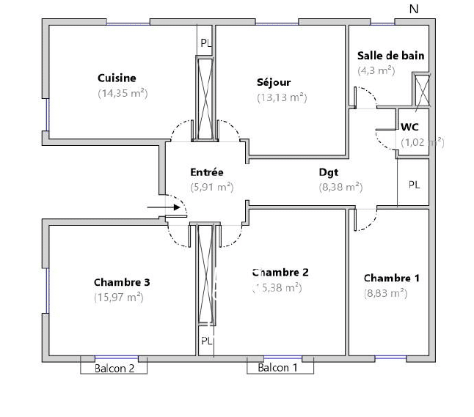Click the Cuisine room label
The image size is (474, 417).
click(117, 78)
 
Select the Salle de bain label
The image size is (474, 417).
click(390, 56)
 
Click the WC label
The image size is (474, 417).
click(409, 127)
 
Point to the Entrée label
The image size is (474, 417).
click(206, 172)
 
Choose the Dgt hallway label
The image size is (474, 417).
click(329, 172)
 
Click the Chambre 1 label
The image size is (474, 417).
click(392, 278)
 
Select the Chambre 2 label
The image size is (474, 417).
click(280, 272)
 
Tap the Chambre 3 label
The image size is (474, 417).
click(122, 282)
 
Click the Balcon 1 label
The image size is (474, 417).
click(278, 368)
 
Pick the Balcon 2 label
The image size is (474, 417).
click(114, 369)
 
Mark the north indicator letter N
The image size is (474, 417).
click(414, 9)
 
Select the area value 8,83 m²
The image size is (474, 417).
click(386, 292)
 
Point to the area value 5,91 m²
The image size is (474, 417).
click(211, 187)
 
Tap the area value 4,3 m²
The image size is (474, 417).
click(376, 70)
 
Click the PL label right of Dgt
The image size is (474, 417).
click(414, 185)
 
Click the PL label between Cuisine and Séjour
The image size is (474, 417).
click(206, 43)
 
